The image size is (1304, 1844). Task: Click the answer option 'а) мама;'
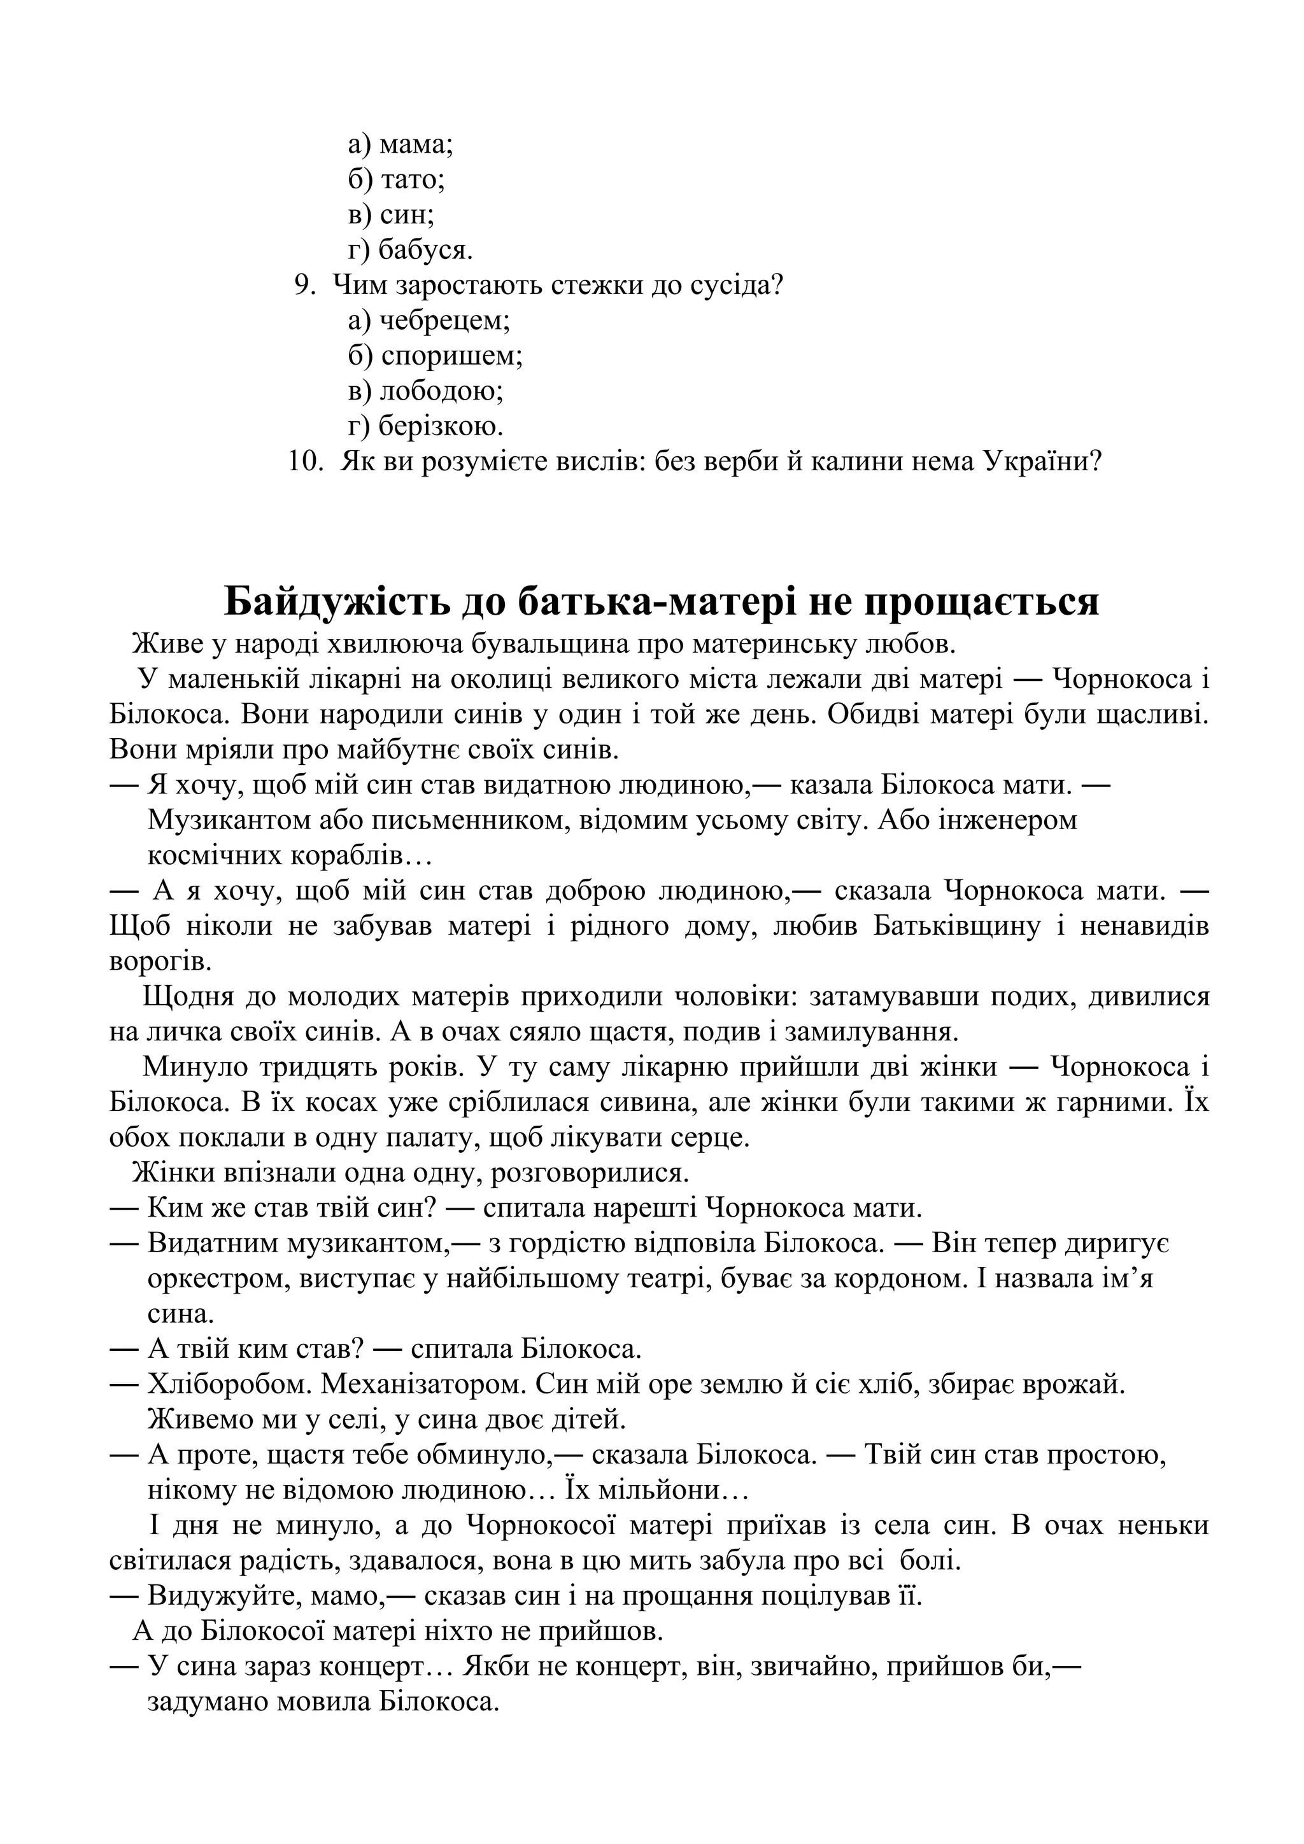pos(400,145)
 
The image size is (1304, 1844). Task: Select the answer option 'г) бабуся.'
pos(410,251)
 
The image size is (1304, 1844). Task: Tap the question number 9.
pos(304,286)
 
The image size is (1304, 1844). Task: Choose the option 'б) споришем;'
pos(435,356)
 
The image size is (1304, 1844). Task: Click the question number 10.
pos(306,462)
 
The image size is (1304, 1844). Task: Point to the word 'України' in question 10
pos(1036,462)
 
